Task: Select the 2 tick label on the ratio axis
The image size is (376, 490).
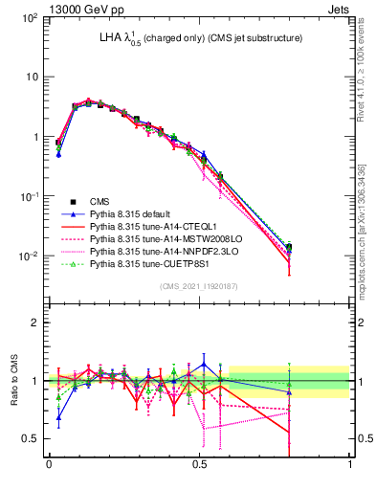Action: (35, 323)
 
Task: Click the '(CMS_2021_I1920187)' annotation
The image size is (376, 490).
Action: (199, 285)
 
